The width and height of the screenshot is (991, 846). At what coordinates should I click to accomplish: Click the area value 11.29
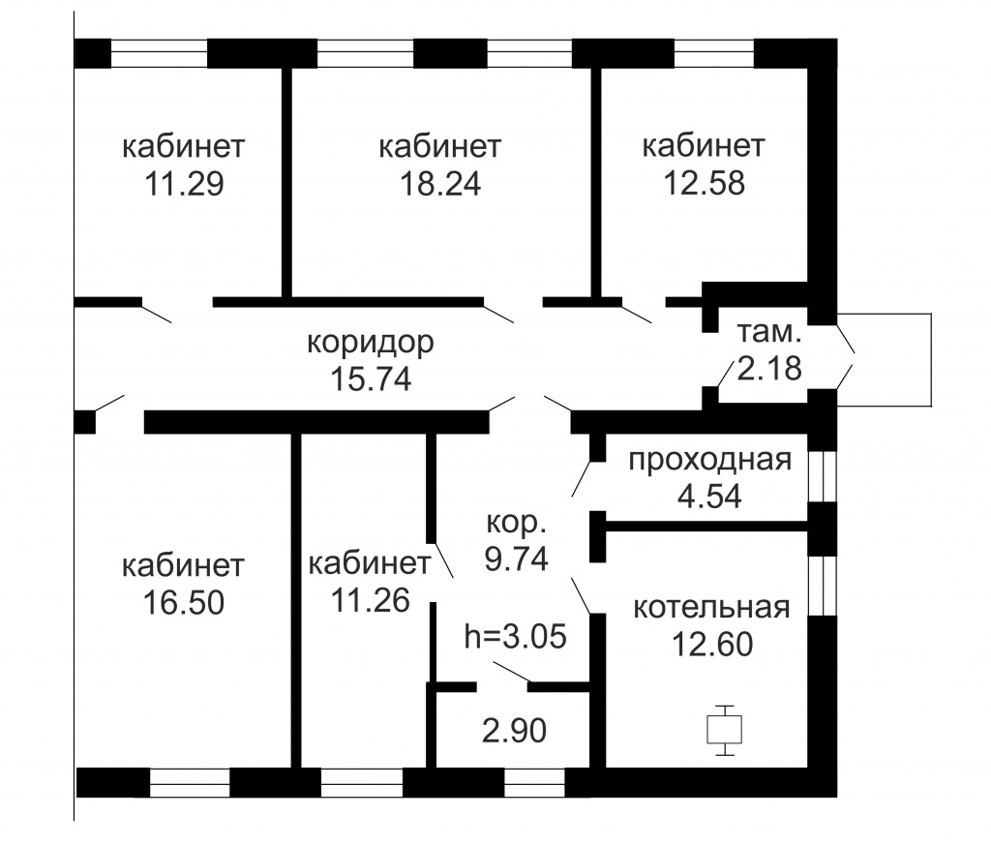183,184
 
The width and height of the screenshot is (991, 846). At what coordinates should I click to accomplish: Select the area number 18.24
440,184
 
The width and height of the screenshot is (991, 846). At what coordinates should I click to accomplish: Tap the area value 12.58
705,184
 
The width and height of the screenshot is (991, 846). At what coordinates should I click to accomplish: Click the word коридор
371,343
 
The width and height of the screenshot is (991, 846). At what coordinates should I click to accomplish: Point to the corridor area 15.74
371,379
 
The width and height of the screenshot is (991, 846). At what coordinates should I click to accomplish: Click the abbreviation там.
769,332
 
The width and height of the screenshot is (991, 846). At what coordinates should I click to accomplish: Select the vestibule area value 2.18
769,368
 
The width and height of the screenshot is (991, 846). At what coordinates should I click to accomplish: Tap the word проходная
710,461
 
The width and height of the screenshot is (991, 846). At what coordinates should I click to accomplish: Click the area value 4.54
710,497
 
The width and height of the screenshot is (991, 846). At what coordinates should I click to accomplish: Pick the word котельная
711,608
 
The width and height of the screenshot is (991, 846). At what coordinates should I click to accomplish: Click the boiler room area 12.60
711,644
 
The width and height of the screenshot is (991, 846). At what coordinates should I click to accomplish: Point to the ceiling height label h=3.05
515,637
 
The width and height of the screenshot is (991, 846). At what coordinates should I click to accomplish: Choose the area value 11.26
369,601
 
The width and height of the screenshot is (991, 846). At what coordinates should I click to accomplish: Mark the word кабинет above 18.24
440,147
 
